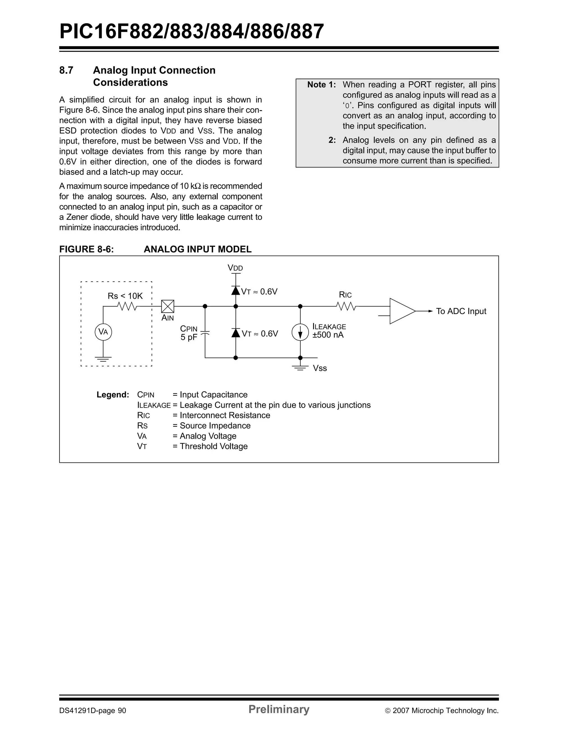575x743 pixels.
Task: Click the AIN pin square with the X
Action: [x=167, y=306]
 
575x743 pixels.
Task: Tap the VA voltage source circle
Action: [x=103, y=332]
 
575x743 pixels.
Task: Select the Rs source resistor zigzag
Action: [x=127, y=307]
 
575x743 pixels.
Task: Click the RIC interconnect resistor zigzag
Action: [x=347, y=307]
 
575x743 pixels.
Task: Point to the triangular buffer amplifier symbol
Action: [x=401, y=311]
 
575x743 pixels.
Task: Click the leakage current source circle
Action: [x=300, y=332]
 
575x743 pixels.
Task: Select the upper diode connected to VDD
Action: [x=236, y=291]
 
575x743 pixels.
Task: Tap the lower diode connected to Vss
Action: [x=236, y=333]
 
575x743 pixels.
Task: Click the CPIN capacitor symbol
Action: [x=205, y=333]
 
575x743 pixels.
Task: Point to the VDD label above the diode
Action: [x=236, y=268]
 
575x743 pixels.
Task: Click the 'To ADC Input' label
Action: [x=461, y=311]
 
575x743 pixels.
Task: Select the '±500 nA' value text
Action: [x=328, y=335]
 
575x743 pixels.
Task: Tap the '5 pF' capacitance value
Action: [x=189, y=337]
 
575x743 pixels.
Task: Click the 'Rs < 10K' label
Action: [x=125, y=296]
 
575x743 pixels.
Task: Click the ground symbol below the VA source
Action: [x=103, y=358]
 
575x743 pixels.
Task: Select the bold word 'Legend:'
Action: [x=113, y=395]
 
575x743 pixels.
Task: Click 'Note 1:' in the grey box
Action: [x=321, y=85]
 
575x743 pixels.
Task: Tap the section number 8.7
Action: [x=66, y=70]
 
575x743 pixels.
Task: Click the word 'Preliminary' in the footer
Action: [x=279, y=709]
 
